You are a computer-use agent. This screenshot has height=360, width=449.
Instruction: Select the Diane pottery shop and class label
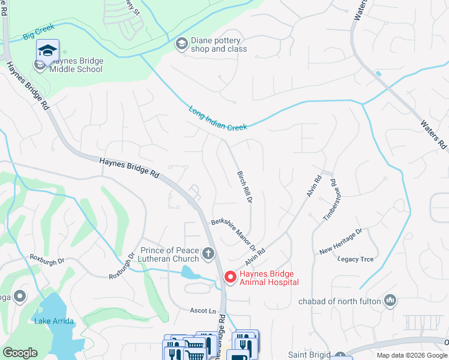219,45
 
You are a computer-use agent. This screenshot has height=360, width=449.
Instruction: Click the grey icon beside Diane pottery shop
181,44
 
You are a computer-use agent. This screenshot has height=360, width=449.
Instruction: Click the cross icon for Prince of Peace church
208,254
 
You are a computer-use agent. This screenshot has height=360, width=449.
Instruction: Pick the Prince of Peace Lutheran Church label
169,254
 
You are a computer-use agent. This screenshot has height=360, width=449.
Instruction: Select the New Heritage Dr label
340,242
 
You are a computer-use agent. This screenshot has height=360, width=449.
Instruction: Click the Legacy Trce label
355,259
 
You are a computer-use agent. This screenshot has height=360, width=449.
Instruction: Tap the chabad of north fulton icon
391,299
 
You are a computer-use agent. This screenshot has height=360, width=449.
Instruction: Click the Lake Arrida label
54,321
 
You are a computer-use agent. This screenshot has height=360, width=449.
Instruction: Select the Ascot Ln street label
202,311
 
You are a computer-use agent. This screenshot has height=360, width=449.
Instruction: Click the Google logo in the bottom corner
20,353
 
